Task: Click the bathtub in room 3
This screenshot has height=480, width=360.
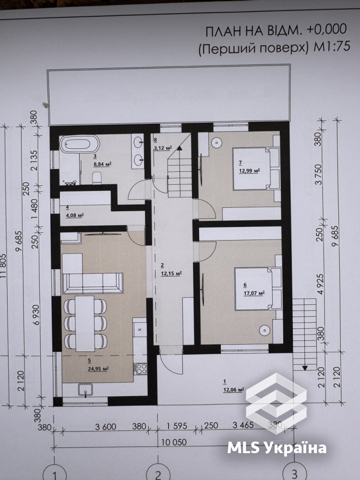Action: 80,144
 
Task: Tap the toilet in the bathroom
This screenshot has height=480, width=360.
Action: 97,178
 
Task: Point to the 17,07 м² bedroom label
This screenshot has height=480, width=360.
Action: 254,293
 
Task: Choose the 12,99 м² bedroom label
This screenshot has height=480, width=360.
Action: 249,170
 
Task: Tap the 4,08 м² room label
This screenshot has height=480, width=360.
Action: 75,215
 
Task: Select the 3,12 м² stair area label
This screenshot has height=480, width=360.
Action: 163,148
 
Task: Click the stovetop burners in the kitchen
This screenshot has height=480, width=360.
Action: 141,369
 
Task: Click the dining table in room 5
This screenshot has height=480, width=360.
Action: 85,323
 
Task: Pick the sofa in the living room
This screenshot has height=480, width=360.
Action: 93,283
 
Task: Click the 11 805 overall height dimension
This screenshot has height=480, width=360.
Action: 3,266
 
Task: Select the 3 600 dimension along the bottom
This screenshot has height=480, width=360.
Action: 105,426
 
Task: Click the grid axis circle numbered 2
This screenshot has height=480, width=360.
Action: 158,474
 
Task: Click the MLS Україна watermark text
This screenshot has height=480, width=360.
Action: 277,448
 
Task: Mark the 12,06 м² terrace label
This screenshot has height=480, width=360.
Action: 234,389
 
